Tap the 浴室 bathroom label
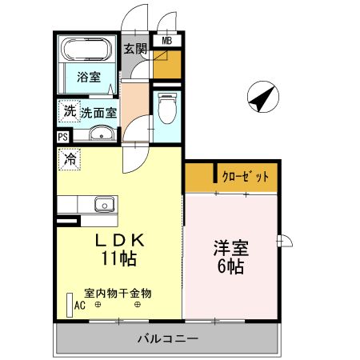88,78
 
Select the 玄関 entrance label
134,49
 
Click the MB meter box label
168,41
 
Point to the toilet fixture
167,108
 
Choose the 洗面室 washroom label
98,113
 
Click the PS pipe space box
62,137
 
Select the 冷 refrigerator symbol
69,160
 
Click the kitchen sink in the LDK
105,204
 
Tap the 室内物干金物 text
118,293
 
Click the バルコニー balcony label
167,338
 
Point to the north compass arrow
262,98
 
